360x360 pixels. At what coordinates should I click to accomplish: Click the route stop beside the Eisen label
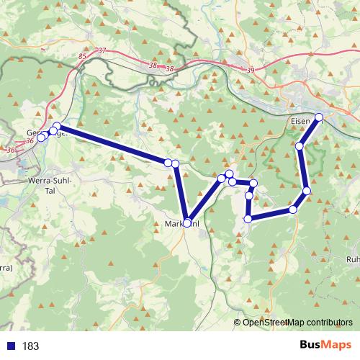(319, 117)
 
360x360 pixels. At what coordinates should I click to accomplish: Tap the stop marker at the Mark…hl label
(187, 223)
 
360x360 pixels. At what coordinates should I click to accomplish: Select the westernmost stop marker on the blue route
(41, 138)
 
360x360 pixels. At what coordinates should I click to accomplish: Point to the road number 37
(102, 50)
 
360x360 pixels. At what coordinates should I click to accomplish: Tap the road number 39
(250, 70)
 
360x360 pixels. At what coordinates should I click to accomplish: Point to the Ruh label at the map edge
(353, 258)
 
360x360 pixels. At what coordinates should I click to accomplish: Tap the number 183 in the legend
(30, 346)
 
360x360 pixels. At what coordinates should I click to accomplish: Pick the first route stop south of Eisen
(300, 146)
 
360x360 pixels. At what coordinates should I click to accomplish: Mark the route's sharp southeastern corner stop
(293, 210)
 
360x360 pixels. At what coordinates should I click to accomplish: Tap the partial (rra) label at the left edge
(6, 268)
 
